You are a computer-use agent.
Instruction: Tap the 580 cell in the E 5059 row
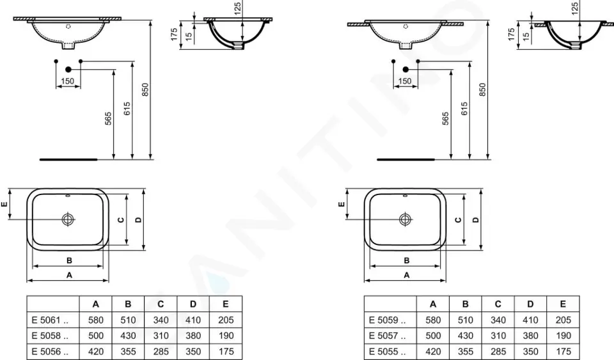click(433, 320)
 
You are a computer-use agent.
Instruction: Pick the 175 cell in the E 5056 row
click(226, 351)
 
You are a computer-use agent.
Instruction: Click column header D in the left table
click(193, 304)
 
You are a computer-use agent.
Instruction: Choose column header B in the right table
click(466, 304)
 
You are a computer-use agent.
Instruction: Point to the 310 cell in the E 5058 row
click(161, 336)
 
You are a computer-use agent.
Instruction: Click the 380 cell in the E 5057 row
click(530, 336)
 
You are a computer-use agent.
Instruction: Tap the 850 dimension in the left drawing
click(145, 90)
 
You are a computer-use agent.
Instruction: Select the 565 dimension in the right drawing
click(446, 119)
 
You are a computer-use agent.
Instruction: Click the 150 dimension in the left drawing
click(68, 81)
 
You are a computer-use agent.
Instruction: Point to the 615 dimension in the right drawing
click(464, 109)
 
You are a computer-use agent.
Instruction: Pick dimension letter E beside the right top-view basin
click(342, 205)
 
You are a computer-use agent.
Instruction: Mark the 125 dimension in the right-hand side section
click(575, 8)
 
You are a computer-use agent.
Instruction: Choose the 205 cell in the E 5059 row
click(563, 320)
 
